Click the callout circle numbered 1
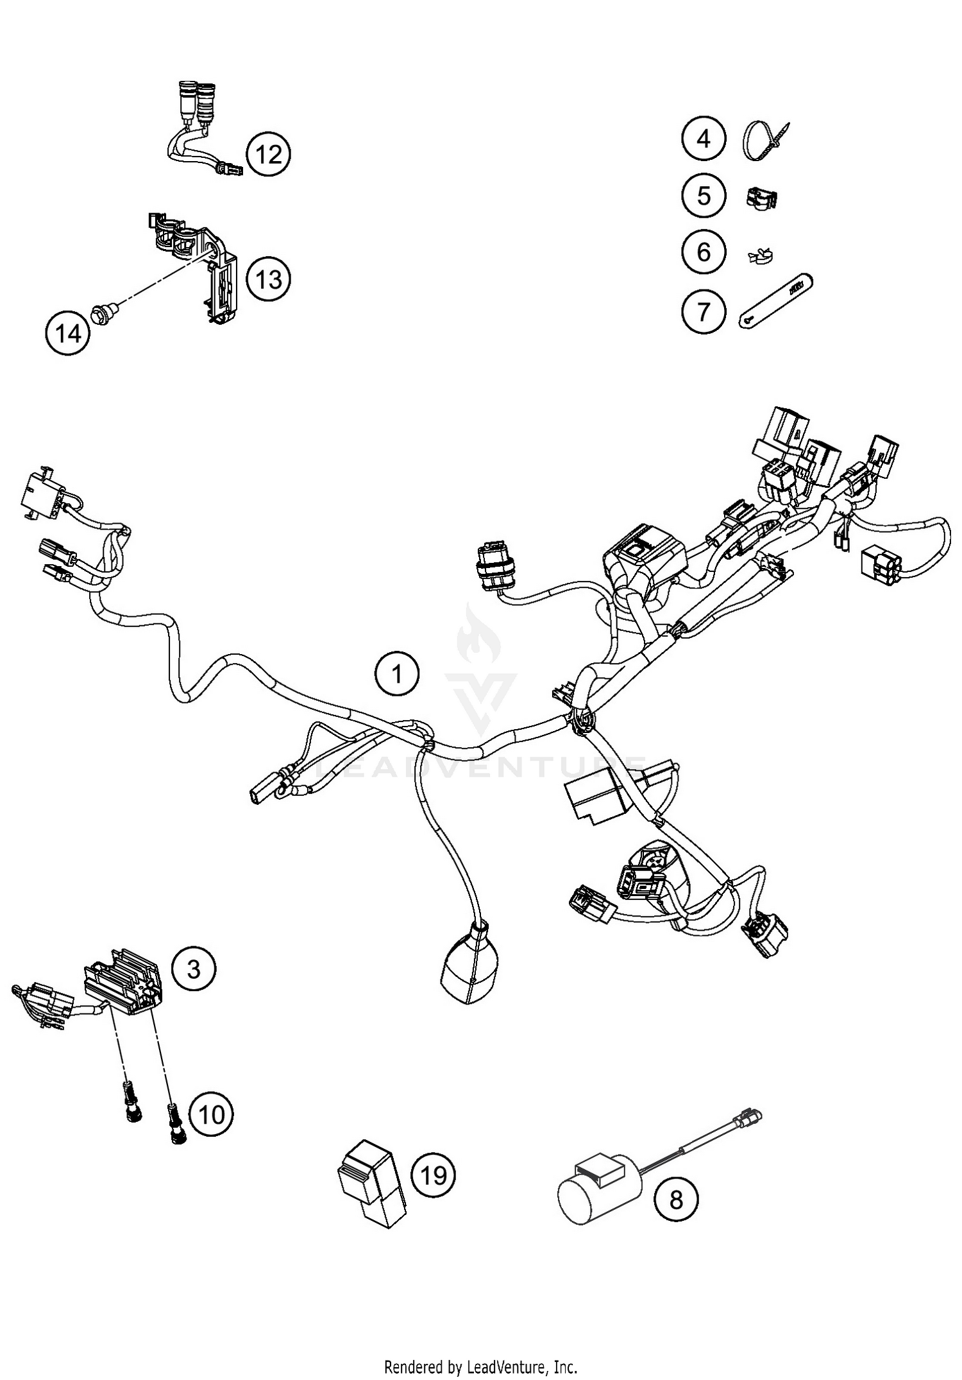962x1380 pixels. [397, 675]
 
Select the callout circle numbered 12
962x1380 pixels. [268, 155]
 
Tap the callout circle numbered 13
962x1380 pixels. [268, 279]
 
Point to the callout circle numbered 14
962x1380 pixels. [68, 334]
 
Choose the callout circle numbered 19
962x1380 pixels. [433, 1175]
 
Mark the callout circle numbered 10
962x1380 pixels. [212, 1114]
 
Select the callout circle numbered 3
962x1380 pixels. [194, 969]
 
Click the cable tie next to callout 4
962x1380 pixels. [763, 140]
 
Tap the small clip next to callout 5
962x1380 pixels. [761, 198]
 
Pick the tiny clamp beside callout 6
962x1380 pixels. [761, 256]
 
